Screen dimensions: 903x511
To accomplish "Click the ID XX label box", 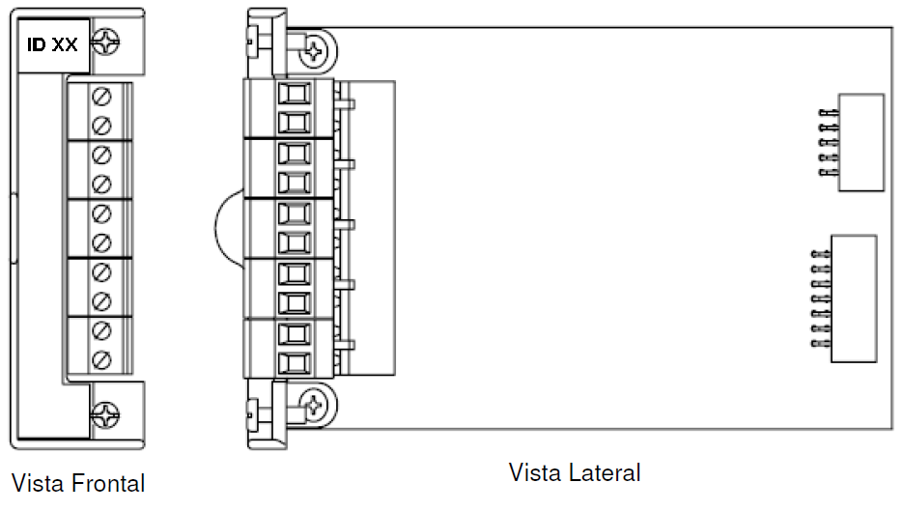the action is pyautogui.click(x=53, y=45).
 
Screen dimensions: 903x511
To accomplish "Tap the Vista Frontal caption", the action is pyautogui.click(x=78, y=483).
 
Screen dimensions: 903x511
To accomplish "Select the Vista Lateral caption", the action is pyautogui.click(x=575, y=472).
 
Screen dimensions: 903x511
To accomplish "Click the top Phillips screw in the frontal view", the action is pyautogui.click(x=106, y=43).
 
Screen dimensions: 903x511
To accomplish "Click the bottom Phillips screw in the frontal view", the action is pyautogui.click(x=106, y=414).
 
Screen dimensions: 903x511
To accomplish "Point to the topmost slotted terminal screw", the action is pyautogui.click(x=101, y=97).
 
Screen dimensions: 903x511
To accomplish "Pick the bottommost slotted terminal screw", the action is pyautogui.click(x=101, y=360).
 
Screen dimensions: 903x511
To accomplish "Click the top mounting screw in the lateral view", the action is pyautogui.click(x=314, y=52).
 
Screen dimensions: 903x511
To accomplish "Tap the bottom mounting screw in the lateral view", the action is pyautogui.click(x=314, y=405).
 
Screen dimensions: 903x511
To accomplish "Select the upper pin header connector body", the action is pyautogui.click(x=861, y=142).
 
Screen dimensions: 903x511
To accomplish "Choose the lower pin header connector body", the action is pyautogui.click(x=854, y=298).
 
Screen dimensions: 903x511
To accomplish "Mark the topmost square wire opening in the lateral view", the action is pyautogui.click(x=295, y=93).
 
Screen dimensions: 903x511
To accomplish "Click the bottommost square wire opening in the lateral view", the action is pyautogui.click(x=295, y=363).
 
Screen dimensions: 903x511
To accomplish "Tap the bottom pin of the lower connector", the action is pyautogui.click(x=821, y=344).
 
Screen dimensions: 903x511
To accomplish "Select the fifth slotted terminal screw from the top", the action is pyautogui.click(x=101, y=213).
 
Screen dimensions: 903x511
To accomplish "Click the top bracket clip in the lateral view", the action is pyautogui.click(x=267, y=43).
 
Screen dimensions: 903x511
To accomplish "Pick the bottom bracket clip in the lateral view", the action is pyautogui.click(x=267, y=414).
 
